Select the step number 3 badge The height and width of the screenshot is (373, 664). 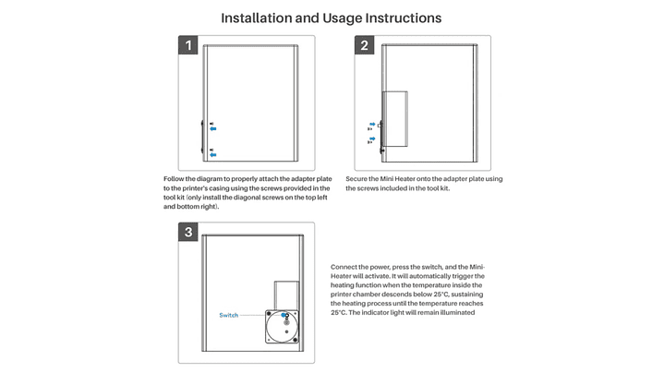(x=188, y=232)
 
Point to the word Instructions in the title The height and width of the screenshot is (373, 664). (x=402, y=18)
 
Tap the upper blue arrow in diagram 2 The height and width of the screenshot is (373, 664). (x=372, y=125)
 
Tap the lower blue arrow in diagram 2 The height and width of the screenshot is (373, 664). (x=372, y=139)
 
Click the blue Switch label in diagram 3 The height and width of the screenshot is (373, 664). (x=228, y=316)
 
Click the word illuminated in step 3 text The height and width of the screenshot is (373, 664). (x=454, y=312)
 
